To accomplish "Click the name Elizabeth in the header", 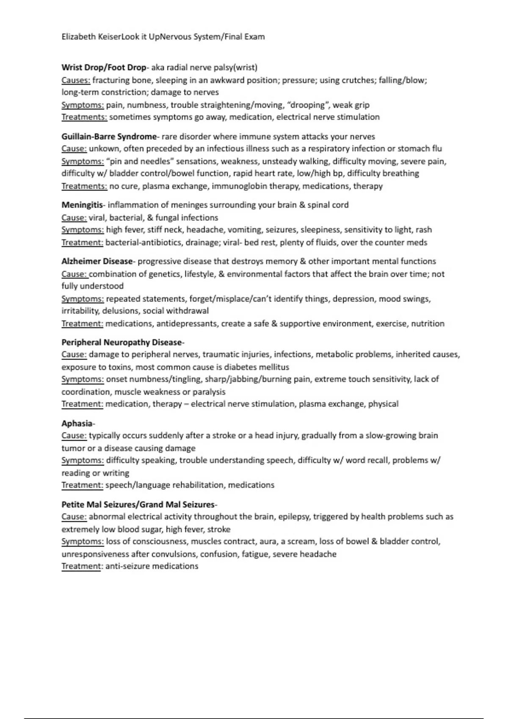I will click(79, 37).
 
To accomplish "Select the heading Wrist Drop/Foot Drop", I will click(104, 67).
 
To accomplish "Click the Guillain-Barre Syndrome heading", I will click(109, 137).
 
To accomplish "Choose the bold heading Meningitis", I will click(82, 205).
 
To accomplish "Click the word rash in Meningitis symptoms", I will click(424, 230).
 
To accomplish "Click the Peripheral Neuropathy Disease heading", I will click(121, 342).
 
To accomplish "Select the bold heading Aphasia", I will click(77, 423).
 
